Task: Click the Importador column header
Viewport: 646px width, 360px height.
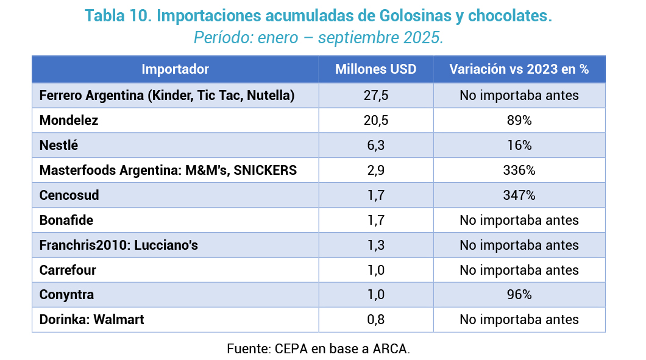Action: coord(175,69)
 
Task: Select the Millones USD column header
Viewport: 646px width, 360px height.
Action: coord(375,69)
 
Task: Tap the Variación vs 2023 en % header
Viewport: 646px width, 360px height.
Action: coord(519,69)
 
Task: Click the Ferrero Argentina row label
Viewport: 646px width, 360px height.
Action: coord(167,96)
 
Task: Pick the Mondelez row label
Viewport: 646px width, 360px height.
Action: coord(69,121)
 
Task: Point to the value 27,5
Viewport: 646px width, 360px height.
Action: coord(375,96)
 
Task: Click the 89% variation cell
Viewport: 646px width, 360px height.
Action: coord(519,121)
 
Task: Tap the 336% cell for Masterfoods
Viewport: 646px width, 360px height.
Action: coord(519,171)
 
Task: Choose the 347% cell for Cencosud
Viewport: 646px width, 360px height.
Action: coord(519,196)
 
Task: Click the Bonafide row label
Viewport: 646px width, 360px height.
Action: coord(66,220)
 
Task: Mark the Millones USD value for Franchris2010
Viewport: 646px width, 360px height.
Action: coord(375,245)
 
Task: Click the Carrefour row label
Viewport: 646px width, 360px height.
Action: coord(68,270)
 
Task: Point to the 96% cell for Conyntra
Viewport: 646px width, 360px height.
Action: coord(519,295)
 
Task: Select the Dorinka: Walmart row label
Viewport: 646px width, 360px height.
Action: coord(91,319)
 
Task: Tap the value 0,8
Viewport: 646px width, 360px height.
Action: coord(375,319)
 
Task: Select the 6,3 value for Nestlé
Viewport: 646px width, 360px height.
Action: coord(375,146)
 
